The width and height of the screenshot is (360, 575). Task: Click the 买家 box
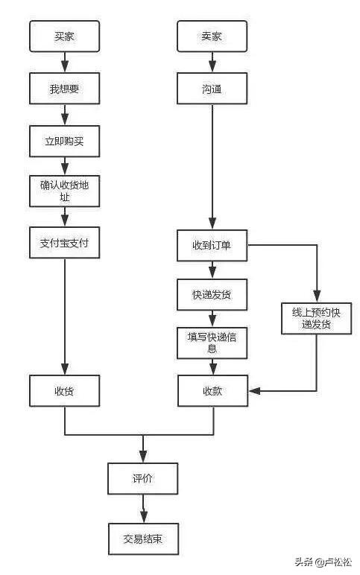(64, 36)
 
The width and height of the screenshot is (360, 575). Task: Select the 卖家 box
(212, 36)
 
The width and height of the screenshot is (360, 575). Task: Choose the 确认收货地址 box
(64, 191)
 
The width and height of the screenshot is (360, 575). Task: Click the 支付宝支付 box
(64, 243)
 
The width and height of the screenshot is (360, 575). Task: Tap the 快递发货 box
(212, 294)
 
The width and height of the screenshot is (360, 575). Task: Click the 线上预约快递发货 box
(316, 318)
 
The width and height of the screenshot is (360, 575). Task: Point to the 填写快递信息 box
(212, 342)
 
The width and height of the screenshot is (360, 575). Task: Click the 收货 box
(64, 390)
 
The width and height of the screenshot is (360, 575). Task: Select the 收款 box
(212, 390)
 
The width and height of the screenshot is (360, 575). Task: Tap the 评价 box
(142, 478)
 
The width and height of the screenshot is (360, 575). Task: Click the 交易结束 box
(142, 538)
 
